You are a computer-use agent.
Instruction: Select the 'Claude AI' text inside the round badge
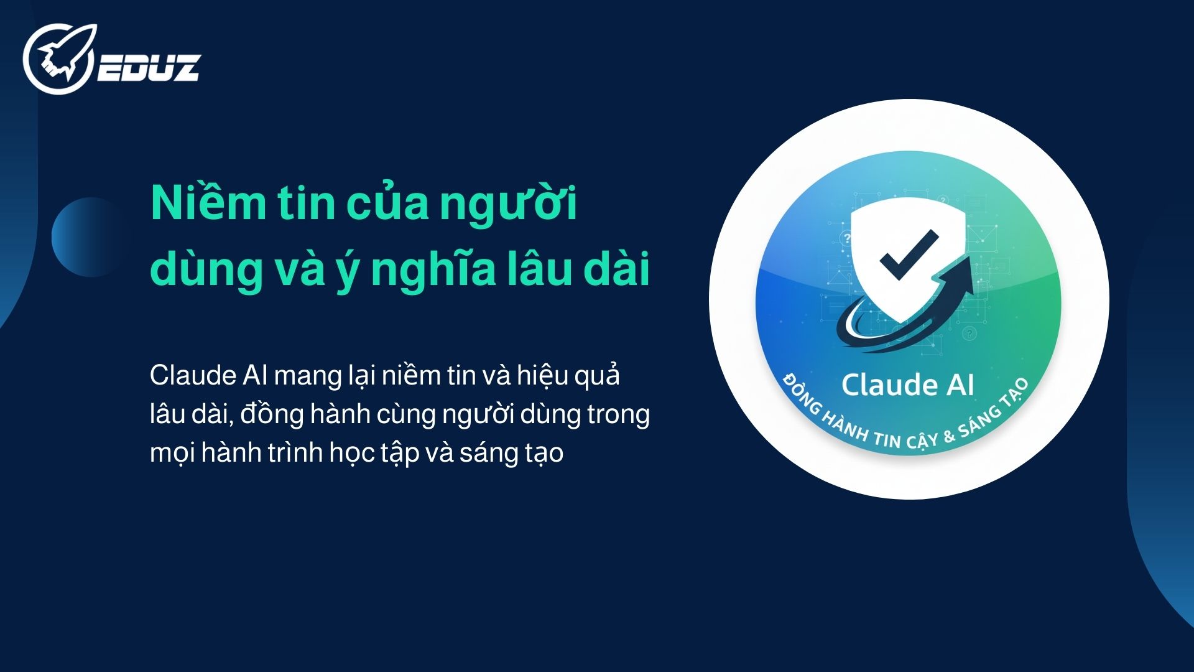[x=907, y=385]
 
